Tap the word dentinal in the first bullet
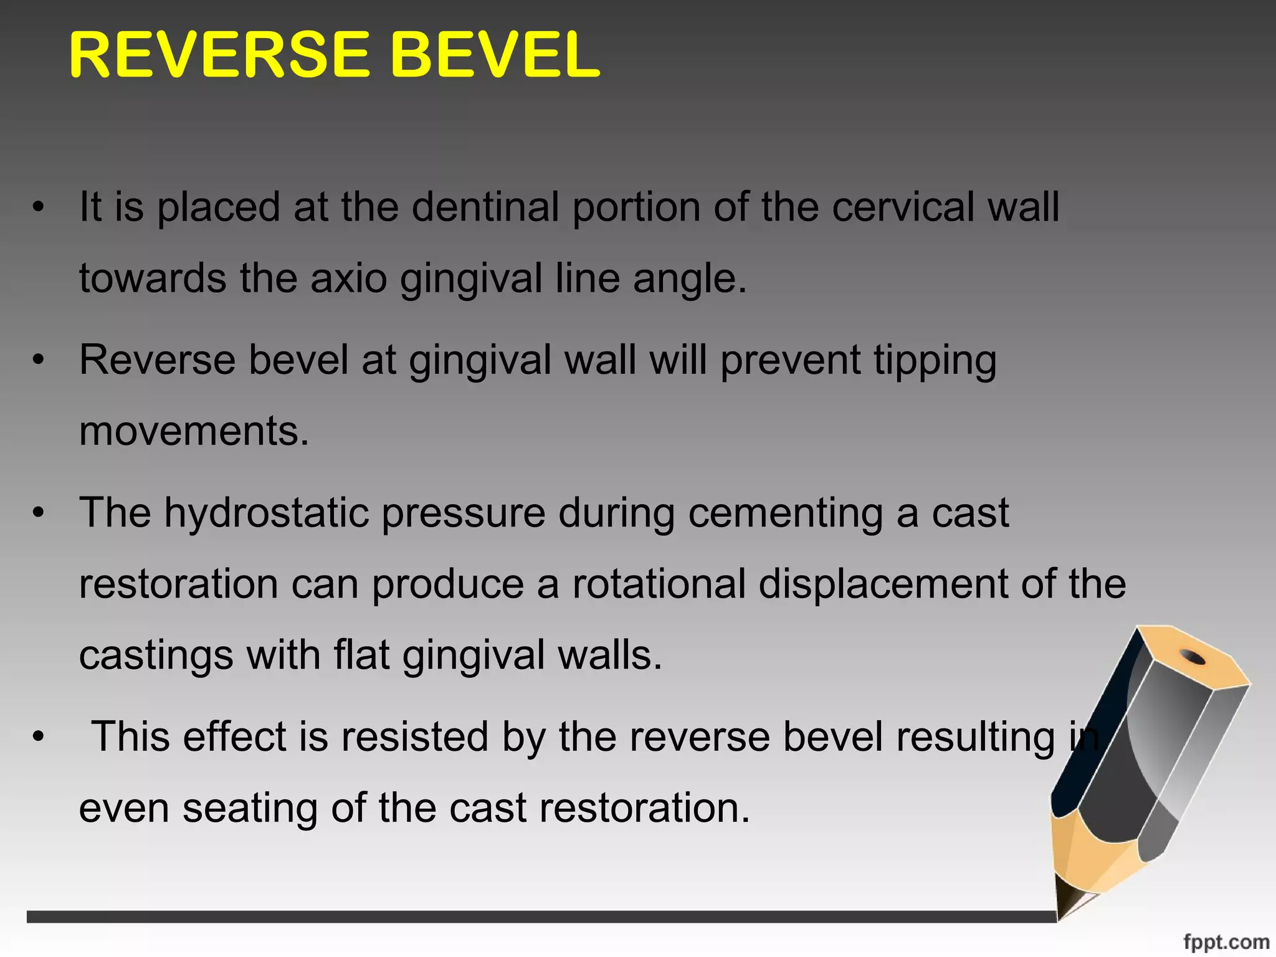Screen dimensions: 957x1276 [485, 207]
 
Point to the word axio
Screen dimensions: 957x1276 [348, 278]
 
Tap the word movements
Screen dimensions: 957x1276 [193, 431]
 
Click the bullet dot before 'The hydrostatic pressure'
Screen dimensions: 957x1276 [39, 513]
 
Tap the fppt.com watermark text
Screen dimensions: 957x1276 [1226, 941]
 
